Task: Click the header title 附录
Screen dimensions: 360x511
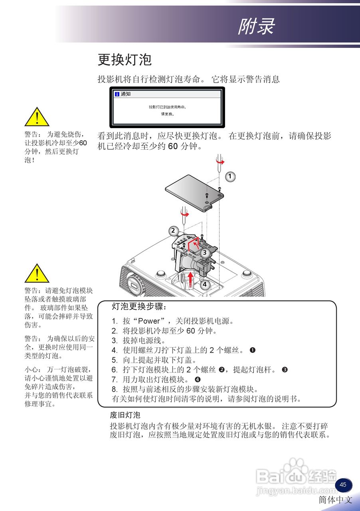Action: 256,27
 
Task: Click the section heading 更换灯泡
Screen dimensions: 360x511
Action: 125,60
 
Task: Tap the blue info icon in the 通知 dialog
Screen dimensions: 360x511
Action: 117,94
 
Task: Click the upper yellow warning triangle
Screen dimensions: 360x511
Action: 37,118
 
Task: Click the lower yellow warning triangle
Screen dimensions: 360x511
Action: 37,274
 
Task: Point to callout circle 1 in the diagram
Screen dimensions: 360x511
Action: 229,176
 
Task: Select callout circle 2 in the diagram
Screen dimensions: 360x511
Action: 173,231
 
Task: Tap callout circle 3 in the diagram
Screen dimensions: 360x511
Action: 204,252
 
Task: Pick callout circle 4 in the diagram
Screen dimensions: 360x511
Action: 204,285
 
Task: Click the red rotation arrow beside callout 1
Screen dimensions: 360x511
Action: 220,162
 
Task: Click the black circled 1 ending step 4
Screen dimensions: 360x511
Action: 252,350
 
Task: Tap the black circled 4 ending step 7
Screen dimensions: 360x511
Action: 197,379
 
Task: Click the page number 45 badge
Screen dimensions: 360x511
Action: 343,485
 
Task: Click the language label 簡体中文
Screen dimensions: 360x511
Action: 336,499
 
